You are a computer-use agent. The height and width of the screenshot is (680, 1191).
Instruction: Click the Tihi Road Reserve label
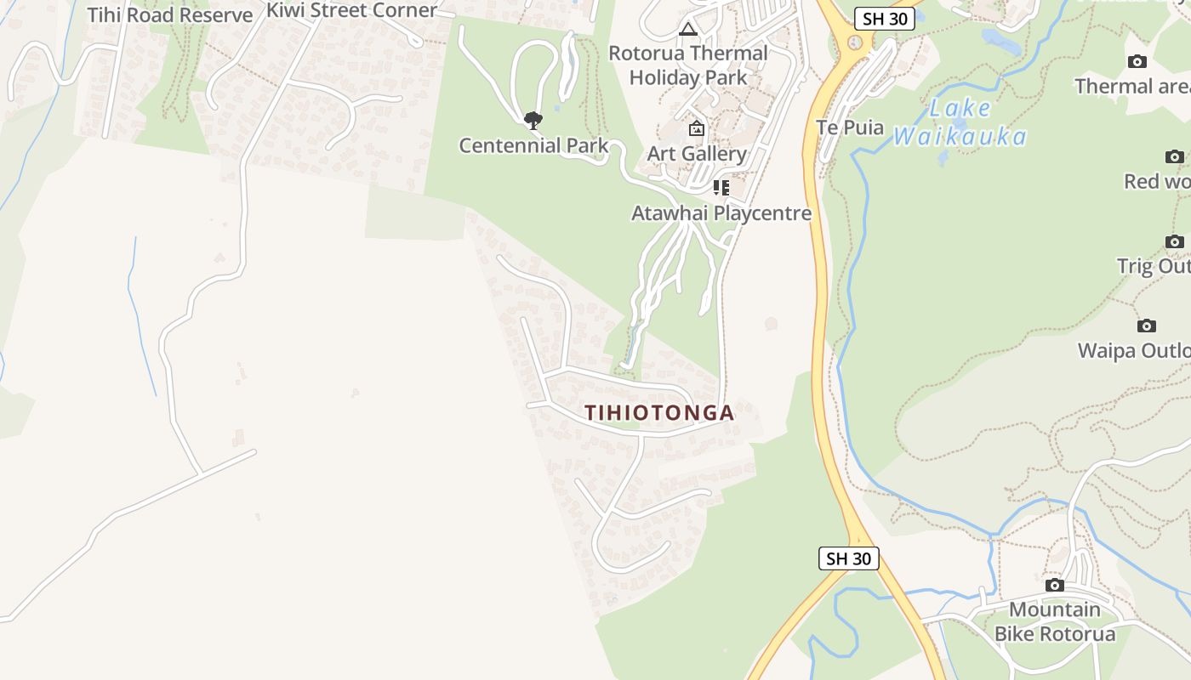click(x=170, y=15)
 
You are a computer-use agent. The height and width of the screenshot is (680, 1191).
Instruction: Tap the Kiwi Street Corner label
click(x=351, y=10)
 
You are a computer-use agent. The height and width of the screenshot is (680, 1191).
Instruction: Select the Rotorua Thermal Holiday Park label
click(x=688, y=65)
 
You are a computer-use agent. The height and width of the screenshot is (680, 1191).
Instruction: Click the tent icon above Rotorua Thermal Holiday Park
click(x=688, y=30)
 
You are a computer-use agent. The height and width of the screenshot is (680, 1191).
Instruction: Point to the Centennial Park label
click(x=533, y=145)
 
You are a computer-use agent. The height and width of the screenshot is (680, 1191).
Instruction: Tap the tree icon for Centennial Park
click(x=533, y=121)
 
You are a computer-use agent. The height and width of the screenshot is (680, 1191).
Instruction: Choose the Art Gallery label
click(x=697, y=154)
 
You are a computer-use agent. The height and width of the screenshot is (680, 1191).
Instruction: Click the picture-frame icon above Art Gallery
click(x=697, y=129)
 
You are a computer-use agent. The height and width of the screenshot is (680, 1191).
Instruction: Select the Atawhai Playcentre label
click(x=721, y=213)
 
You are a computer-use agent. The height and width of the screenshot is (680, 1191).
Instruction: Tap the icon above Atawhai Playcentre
click(x=721, y=188)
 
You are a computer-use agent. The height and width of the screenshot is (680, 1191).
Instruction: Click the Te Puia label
click(x=850, y=128)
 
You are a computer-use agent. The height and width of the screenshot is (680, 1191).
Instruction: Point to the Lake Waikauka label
click(x=960, y=122)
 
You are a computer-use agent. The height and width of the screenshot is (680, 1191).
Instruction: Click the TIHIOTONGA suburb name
click(x=659, y=413)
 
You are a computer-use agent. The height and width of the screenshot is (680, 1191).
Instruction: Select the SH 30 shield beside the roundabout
click(x=885, y=19)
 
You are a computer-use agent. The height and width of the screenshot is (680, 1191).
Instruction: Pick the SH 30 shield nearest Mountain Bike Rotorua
click(x=849, y=558)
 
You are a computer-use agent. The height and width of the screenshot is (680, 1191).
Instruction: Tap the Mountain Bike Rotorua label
click(x=1055, y=622)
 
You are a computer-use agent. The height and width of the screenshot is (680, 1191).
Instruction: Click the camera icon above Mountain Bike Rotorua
click(x=1055, y=586)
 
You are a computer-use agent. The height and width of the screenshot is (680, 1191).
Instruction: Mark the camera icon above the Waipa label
click(x=1147, y=326)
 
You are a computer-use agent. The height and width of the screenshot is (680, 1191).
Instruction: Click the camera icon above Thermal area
click(x=1137, y=62)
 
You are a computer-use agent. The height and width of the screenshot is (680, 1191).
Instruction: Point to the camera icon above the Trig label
click(x=1175, y=242)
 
